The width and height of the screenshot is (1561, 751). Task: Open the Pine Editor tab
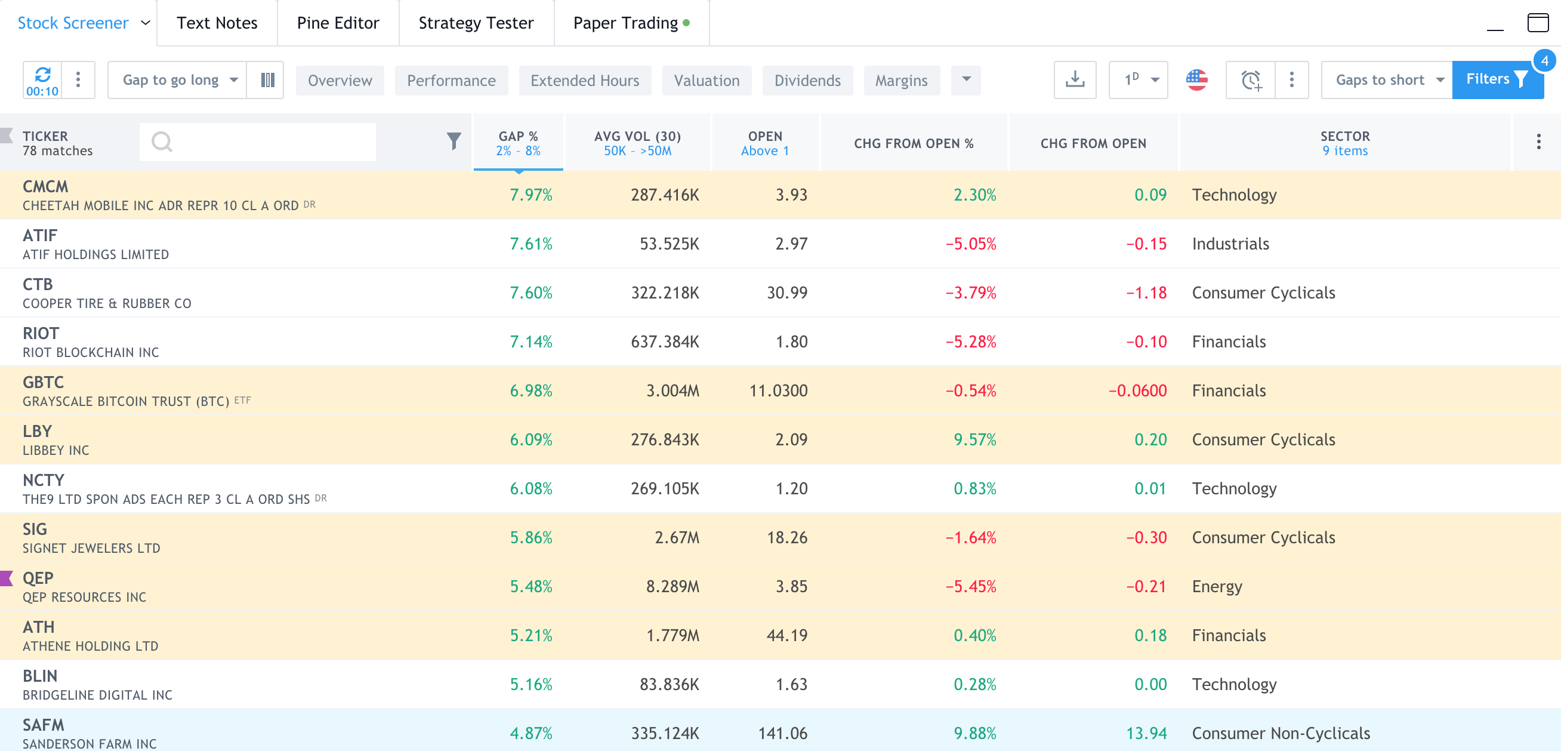point(338,23)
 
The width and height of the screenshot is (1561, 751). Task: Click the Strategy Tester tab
point(476,23)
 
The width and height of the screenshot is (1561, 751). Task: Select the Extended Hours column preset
point(584,81)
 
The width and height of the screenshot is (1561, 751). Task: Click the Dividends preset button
point(807,81)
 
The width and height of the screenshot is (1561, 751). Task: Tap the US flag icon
point(1196,79)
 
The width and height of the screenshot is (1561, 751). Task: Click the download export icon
point(1075,79)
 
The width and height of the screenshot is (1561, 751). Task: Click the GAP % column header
point(517,143)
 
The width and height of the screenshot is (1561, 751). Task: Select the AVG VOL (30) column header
point(637,143)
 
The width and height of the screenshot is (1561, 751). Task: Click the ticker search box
point(258,142)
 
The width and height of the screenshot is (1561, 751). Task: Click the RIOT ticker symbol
point(41,333)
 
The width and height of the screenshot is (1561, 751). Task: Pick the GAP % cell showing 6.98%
point(530,390)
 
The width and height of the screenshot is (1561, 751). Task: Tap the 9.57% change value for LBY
point(974,439)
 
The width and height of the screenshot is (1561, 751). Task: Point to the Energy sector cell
point(1216,586)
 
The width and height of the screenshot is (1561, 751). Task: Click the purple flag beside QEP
point(7,578)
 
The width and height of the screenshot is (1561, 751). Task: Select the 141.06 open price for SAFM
point(782,733)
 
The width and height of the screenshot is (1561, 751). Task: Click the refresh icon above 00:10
point(42,75)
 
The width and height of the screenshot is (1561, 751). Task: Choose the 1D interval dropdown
point(1137,79)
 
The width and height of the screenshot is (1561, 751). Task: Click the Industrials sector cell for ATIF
point(1230,244)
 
